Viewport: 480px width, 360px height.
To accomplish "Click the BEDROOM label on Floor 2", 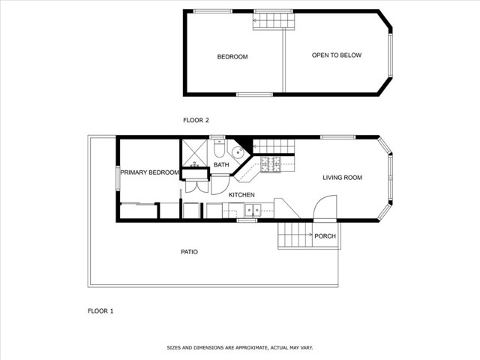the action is tap(232, 57).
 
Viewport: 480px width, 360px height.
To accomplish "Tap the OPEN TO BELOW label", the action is tap(337, 55).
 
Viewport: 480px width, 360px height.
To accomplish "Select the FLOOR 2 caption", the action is tap(196, 120).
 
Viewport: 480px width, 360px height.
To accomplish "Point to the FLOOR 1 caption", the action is tap(100, 311).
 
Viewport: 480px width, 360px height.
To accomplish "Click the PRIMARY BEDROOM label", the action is tap(150, 172).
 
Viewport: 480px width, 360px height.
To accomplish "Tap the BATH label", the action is tap(221, 165).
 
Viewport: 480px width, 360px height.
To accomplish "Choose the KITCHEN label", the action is tap(241, 195).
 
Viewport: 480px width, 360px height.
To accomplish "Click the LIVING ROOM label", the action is tap(342, 178).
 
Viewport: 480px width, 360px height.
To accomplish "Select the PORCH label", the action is tap(325, 236).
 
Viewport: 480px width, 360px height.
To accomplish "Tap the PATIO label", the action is tap(189, 252).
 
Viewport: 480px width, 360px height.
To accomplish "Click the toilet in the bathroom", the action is tap(219, 148).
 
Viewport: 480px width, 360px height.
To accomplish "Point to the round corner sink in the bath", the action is tap(238, 152).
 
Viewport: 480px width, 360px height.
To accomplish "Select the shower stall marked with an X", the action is tap(195, 153).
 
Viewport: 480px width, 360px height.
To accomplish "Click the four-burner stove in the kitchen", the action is tap(271, 164).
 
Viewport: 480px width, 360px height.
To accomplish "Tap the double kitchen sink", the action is tap(253, 210).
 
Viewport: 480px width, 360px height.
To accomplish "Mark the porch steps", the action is tap(295, 235).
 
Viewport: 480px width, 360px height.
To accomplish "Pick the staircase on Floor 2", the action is tap(274, 21).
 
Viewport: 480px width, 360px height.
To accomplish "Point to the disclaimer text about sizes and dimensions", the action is tap(240, 348).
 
